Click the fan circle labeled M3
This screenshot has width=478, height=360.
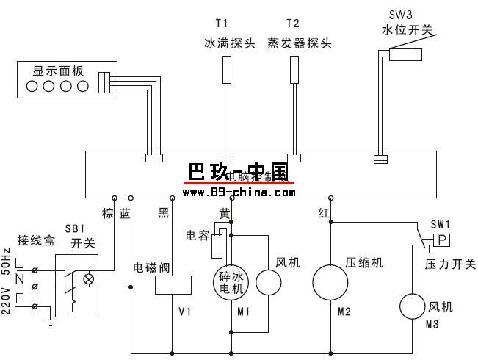click(x=413, y=304)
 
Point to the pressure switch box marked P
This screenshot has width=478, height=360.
click(x=441, y=240)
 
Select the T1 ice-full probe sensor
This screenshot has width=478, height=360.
click(x=226, y=68)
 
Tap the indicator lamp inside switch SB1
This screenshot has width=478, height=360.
click(x=90, y=279)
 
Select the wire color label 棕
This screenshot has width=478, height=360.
click(x=108, y=213)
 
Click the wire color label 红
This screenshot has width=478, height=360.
click(x=323, y=213)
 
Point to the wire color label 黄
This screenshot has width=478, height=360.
click(x=225, y=213)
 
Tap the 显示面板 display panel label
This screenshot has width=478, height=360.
click(x=59, y=71)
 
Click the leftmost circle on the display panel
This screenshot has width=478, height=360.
click(x=33, y=87)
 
